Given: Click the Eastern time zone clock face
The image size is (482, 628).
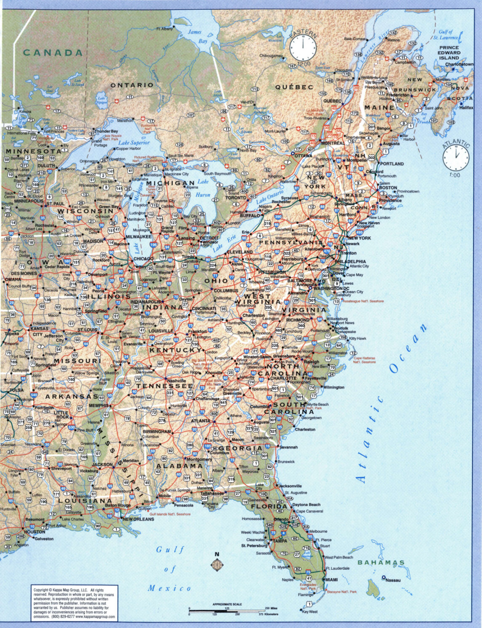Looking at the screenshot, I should [303, 48].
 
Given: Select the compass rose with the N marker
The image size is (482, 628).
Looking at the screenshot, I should [217, 564].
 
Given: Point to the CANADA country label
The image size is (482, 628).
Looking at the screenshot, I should [53, 53].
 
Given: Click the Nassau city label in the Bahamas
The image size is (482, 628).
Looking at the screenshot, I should [393, 580].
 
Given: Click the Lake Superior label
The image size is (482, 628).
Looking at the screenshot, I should [134, 142].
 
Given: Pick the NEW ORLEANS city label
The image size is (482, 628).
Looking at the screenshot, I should [138, 519].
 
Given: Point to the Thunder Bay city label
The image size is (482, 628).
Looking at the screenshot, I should [107, 131].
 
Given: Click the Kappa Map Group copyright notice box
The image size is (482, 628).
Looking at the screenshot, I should [74, 604].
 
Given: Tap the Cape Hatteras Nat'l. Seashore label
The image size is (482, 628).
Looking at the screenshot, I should [364, 360].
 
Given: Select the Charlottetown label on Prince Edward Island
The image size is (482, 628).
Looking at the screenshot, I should [459, 64].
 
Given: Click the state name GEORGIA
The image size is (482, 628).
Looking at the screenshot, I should [241, 448].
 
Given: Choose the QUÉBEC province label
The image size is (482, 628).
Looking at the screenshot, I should [294, 87].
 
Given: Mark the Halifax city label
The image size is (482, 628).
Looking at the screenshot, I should [466, 107].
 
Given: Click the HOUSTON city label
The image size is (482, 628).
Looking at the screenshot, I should [35, 532].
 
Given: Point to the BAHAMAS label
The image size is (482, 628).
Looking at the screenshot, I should [381, 562].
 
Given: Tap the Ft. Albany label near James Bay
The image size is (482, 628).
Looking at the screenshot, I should [164, 29].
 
